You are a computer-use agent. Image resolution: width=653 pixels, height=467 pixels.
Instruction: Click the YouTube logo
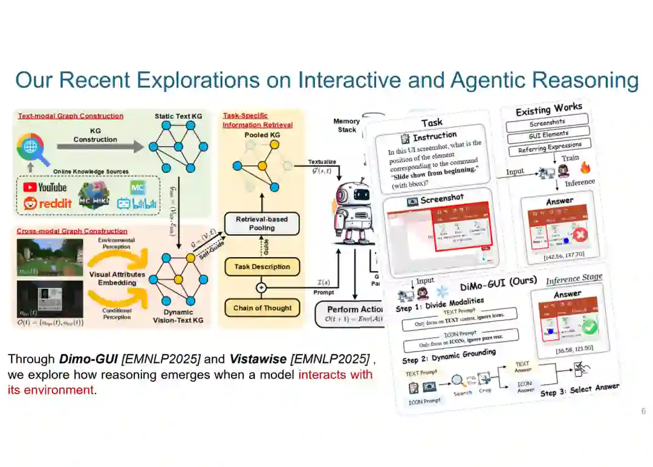click(x=44, y=187)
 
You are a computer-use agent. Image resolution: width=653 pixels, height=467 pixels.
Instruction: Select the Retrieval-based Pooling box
click(x=262, y=223)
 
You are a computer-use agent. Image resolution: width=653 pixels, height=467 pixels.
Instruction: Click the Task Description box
click(x=262, y=267)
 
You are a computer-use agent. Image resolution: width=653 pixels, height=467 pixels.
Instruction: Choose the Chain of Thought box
click(x=262, y=308)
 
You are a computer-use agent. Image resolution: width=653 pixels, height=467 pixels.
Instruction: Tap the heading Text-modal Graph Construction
click(x=70, y=116)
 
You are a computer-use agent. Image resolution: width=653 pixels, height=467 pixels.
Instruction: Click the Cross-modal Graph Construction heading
click(x=72, y=231)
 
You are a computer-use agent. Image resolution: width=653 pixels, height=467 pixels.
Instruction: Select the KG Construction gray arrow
click(x=99, y=146)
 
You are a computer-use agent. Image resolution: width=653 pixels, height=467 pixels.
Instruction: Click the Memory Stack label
click(x=346, y=125)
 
